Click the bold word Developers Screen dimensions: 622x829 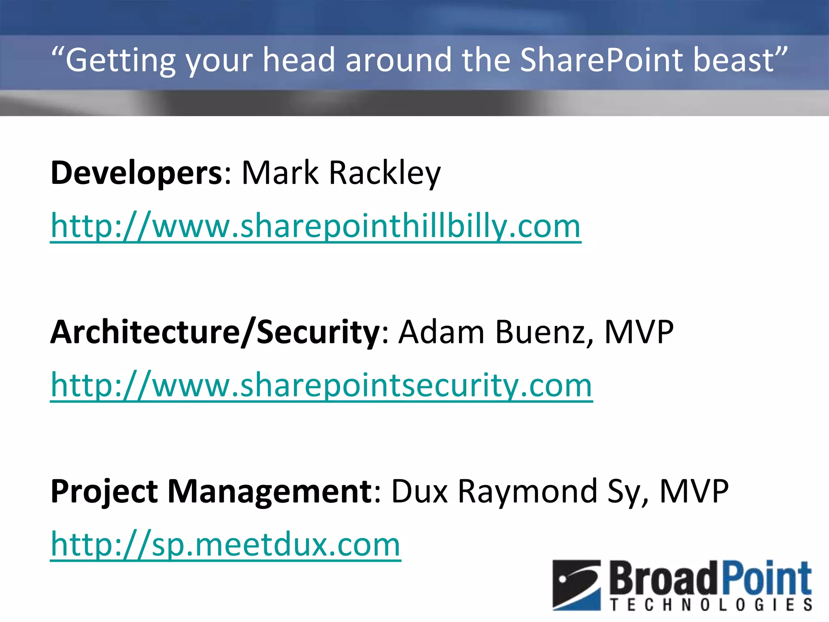tap(136, 173)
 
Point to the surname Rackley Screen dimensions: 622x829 tap(385, 173)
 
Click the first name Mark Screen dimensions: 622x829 tap(280, 173)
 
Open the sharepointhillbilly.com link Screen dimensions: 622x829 tap(316, 226)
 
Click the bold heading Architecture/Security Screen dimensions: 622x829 tap(215, 332)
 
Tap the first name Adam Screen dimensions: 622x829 tap(442, 332)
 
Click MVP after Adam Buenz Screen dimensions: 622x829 tap(638, 332)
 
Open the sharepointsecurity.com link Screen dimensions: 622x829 tap(321, 385)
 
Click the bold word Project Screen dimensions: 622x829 tap(104, 492)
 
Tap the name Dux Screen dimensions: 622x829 tap(420, 492)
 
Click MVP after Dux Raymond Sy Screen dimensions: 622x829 tap(694, 492)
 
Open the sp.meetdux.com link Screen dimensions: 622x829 tap(225, 545)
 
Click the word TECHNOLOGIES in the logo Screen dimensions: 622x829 tap(711, 605)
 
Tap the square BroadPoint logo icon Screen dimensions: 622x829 tap(576, 585)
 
